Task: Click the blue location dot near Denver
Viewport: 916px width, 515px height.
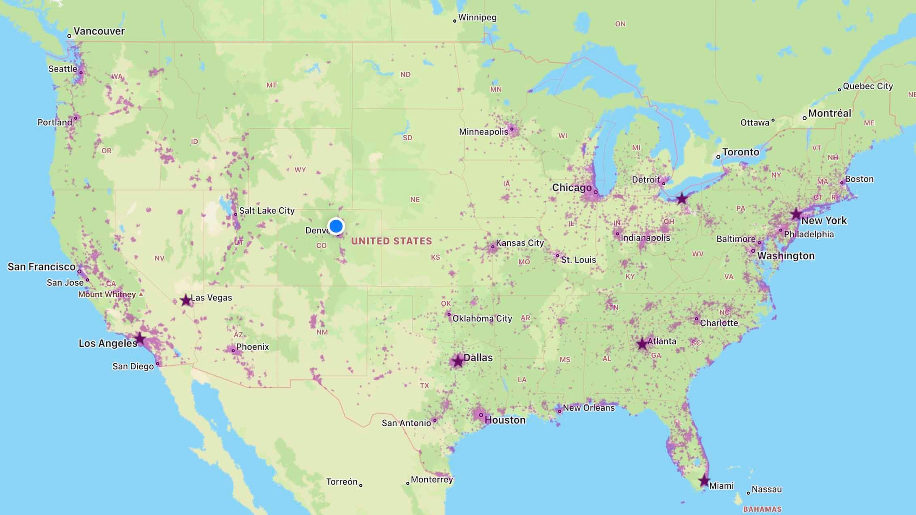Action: (336, 226)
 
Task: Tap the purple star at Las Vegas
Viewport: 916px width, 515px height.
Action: (186, 300)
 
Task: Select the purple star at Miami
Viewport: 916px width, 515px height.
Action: (704, 481)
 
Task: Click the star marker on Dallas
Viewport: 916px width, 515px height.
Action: (458, 361)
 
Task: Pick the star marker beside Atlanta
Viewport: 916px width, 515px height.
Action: (642, 344)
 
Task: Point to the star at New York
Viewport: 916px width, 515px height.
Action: (796, 214)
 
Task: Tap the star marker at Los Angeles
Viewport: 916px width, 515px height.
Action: (140, 338)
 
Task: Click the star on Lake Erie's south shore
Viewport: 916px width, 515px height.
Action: (682, 199)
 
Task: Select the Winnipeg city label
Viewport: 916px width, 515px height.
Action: (477, 17)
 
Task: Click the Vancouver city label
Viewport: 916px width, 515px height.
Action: (99, 31)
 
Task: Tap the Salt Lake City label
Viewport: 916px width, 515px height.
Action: (266, 210)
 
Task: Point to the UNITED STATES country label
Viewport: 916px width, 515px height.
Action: (391, 241)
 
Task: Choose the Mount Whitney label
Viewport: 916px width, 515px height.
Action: (107, 294)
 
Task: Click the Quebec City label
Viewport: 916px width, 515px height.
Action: (868, 86)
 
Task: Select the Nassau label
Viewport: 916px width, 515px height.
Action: (766, 490)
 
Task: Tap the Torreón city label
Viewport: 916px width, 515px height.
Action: (342, 481)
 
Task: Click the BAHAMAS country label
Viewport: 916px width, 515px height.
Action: (762, 509)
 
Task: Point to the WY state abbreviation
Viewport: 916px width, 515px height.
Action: (300, 170)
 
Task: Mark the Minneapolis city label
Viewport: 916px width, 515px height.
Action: (484, 131)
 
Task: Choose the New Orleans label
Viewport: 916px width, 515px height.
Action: (588, 408)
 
